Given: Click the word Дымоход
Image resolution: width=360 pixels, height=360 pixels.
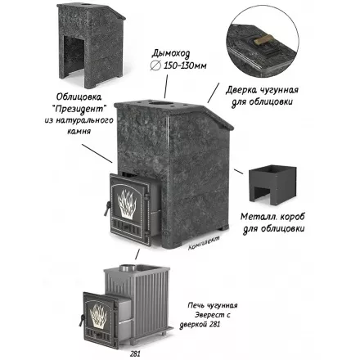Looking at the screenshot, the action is point(171,55).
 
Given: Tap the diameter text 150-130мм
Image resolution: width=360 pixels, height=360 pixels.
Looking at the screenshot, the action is point(185,65).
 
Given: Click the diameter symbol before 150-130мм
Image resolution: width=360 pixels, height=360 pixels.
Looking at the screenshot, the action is point(155,65).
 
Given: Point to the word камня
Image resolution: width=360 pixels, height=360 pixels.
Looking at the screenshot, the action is point(79,131).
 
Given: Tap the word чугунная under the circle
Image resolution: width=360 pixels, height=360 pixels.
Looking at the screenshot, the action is point(280,90).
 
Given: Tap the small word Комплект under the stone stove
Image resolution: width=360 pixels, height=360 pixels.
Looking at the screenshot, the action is point(204,243).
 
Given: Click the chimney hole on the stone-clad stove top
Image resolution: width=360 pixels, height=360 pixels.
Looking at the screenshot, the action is point(161,104).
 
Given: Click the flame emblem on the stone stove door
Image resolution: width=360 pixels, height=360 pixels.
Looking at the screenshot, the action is point(128,203).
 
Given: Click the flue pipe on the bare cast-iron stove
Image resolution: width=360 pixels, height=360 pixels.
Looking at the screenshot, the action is point(128,268).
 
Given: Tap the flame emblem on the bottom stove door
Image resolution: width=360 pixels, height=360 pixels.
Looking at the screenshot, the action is point(98,316).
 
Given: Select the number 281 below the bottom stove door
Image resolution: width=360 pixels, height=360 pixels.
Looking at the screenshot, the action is point(135,353).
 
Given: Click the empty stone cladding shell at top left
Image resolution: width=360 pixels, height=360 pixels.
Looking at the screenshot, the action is point(92,46).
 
